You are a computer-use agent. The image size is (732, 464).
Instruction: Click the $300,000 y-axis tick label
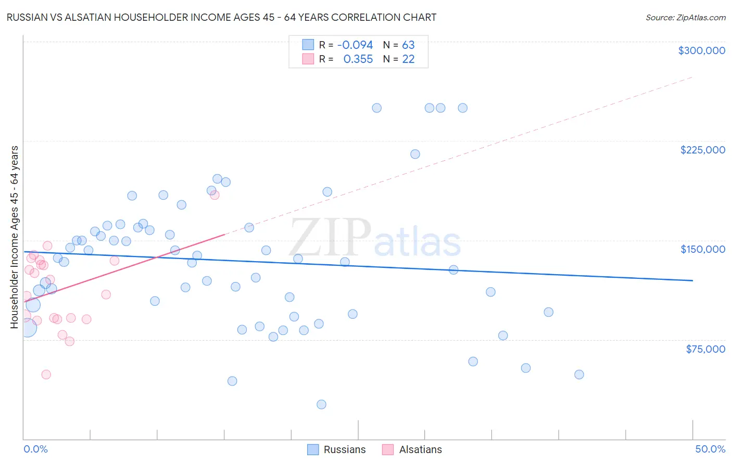click(701, 50)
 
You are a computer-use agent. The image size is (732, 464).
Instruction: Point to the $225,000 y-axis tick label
click(702, 150)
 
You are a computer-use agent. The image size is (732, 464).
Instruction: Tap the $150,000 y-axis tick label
click(702, 249)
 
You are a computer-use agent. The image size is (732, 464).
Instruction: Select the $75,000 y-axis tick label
click(705, 349)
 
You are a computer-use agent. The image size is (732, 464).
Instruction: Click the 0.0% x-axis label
click(35, 449)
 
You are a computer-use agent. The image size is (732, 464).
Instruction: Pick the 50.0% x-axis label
click(710, 449)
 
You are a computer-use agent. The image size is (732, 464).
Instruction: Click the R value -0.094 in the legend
click(355, 45)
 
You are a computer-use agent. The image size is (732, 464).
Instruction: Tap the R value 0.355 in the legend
click(358, 59)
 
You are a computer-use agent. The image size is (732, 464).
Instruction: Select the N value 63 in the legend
click(408, 45)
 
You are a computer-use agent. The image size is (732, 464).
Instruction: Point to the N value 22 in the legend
click(408, 59)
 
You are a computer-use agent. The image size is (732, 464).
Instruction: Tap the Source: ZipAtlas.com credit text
click(685, 17)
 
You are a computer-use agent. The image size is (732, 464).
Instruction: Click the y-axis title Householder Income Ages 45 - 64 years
click(14, 237)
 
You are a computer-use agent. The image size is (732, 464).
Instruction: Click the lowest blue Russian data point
click(321, 405)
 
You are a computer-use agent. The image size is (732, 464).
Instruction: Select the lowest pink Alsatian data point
click(46, 375)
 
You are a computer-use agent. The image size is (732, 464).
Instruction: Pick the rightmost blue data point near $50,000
click(579, 375)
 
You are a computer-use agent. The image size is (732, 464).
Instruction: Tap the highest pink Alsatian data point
click(214, 195)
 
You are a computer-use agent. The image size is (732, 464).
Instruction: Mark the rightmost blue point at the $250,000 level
click(462, 108)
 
